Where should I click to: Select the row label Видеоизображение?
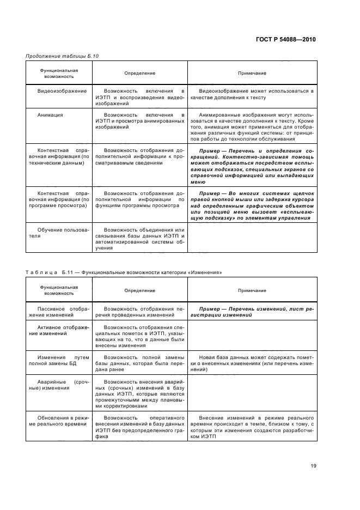(58, 90)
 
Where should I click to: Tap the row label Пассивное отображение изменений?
(58, 312)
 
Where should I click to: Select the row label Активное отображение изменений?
(58, 331)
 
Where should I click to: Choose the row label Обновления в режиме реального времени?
(58, 421)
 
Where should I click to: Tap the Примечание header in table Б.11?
(252, 290)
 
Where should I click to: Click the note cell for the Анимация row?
(252, 127)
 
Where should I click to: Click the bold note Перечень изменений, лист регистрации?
(252, 312)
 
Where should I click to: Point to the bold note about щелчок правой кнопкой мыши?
(252, 204)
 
